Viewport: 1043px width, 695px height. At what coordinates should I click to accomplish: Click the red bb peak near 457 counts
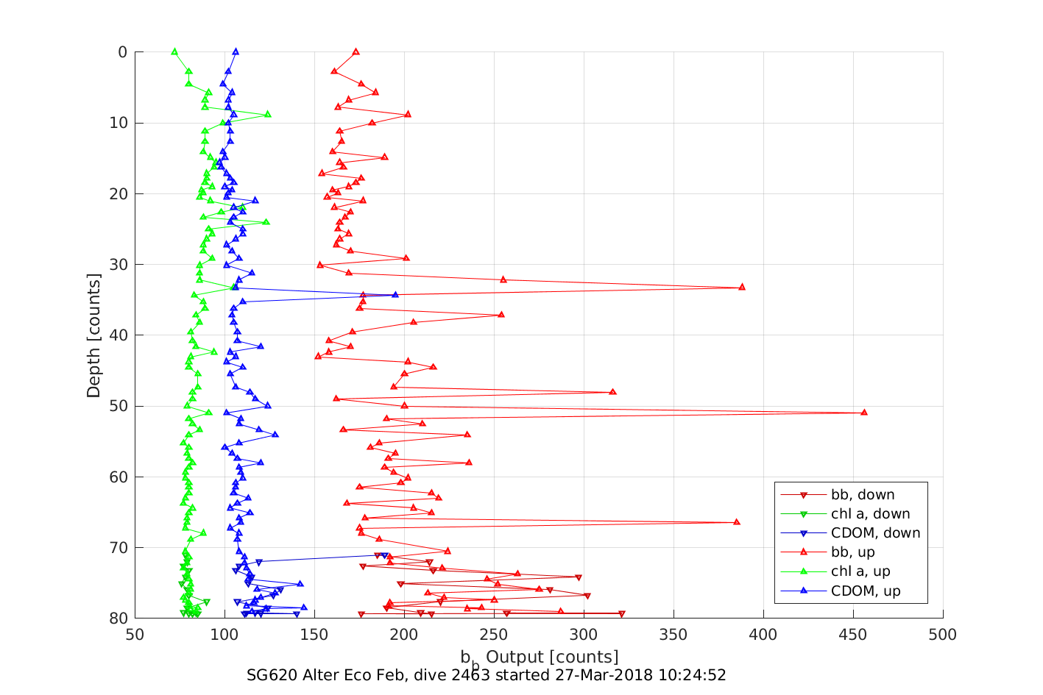pyautogui.click(x=864, y=412)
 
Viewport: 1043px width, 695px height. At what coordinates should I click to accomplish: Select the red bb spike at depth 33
pyautogui.click(x=741, y=287)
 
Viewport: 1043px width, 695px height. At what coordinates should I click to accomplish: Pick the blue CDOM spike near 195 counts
pyautogui.click(x=395, y=294)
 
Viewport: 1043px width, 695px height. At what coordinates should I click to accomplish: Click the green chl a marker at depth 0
pyautogui.click(x=174, y=51)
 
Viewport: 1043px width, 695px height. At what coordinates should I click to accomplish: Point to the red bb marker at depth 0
pyautogui.click(x=356, y=51)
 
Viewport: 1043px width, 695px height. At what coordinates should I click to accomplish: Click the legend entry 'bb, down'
pyautogui.click(x=863, y=495)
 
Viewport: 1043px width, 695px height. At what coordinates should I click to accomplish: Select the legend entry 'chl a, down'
pyautogui.click(x=870, y=514)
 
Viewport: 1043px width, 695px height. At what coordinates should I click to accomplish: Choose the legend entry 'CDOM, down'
pyautogui.click(x=875, y=533)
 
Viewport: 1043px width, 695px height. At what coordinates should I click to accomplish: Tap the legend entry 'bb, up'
pyautogui.click(x=852, y=552)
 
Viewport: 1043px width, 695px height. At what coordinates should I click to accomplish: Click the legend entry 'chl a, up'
pyautogui.click(x=860, y=571)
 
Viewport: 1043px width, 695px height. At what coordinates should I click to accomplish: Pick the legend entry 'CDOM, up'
pyautogui.click(x=866, y=591)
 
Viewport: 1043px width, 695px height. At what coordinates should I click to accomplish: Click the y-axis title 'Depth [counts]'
pyautogui.click(x=93, y=335)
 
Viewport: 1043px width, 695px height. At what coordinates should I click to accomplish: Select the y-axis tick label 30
pyautogui.click(x=118, y=265)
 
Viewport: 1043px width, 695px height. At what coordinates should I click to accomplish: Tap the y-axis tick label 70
pyautogui.click(x=118, y=548)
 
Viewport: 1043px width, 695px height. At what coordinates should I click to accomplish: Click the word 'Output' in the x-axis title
pyautogui.click(x=515, y=656)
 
